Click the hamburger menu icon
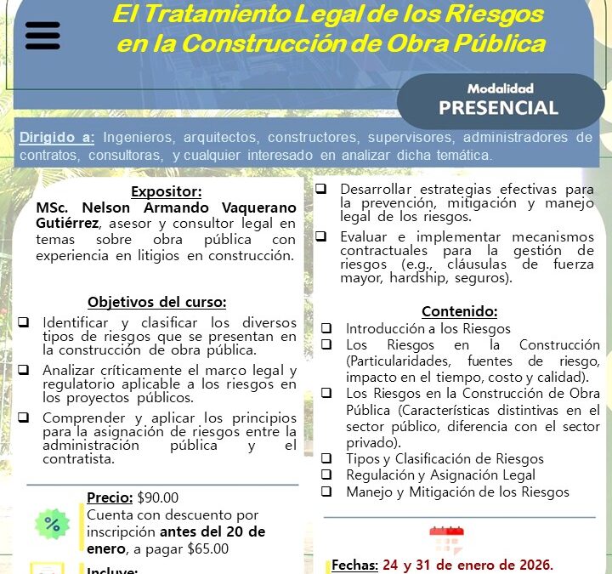[x=43, y=36]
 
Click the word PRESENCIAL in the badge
[x=498, y=107]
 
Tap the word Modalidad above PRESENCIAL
[x=499, y=88]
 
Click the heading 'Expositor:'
[x=166, y=192]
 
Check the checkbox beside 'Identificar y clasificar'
[x=24, y=322]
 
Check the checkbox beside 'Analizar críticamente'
[x=24, y=370]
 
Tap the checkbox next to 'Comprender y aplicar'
[x=24, y=418]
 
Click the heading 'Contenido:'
[x=459, y=311]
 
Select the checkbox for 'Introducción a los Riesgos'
[x=326, y=328]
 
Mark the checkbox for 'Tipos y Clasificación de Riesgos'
[x=326, y=458]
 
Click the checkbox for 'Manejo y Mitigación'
[x=326, y=492]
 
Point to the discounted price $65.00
[x=207, y=548]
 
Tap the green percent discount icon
[x=52, y=525]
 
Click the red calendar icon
[x=445, y=541]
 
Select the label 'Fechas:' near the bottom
[x=354, y=565]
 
